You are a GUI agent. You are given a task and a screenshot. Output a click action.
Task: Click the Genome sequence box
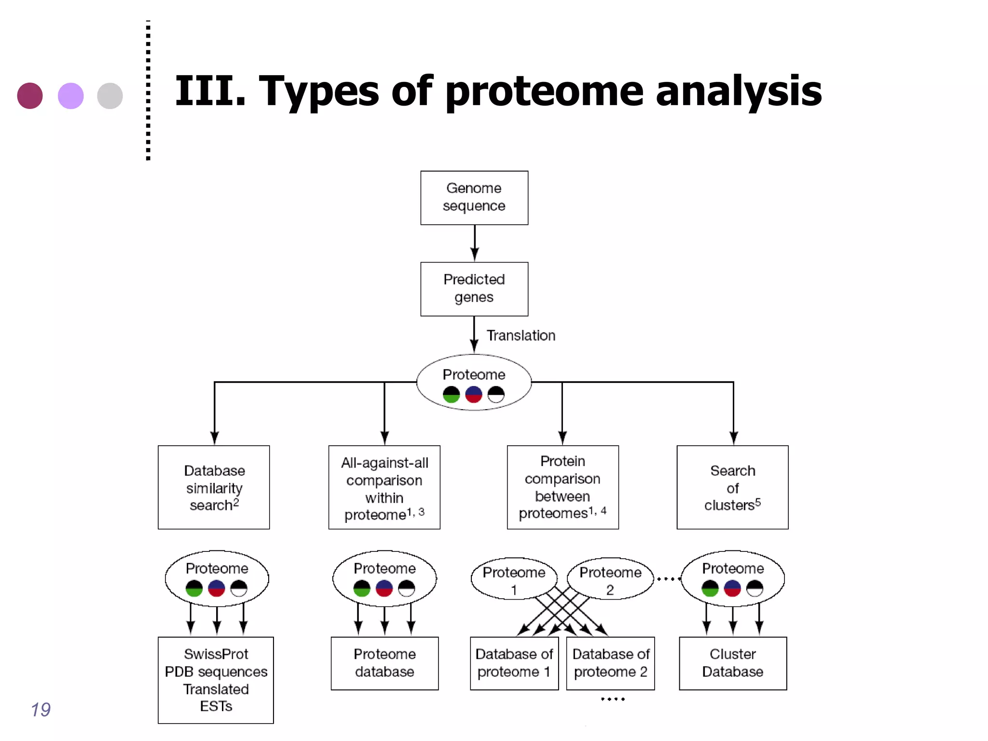click(474, 197)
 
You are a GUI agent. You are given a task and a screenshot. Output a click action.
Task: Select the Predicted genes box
click(474, 288)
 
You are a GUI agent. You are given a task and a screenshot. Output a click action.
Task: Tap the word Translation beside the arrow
click(521, 335)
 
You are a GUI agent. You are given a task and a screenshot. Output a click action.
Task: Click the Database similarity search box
click(214, 487)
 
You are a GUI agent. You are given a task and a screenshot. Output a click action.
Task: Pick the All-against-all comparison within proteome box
click(384, 487)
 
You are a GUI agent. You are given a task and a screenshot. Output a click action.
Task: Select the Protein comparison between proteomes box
click(563, 487)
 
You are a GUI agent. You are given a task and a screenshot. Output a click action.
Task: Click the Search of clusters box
click(732, 487)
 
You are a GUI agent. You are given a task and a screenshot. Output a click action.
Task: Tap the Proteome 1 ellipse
click(514, 578)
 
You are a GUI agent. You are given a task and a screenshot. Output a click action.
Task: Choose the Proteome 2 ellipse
click(610, 578)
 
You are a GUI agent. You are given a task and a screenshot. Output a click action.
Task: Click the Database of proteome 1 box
click(514, 663)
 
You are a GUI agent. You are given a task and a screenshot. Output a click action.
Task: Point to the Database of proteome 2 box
click(610, 663)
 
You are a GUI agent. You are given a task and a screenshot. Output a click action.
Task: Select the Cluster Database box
click(732, 663)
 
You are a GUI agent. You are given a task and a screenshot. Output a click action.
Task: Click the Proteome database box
click(384, 663)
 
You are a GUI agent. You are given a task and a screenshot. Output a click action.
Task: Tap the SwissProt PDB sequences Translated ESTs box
click(216, 680)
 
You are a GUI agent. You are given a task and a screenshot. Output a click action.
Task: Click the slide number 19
click(41, 710)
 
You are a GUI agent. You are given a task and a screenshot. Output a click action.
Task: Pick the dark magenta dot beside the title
click(30, 96)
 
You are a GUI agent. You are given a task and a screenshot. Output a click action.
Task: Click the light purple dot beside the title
click(70, 96)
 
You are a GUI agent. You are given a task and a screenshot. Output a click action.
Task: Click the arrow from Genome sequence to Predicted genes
click(474, 243)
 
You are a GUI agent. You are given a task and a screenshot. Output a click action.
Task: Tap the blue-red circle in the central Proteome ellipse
click(473, 394)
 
